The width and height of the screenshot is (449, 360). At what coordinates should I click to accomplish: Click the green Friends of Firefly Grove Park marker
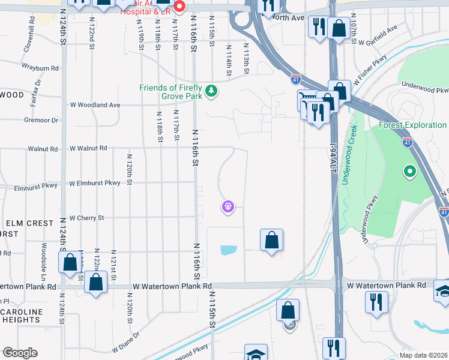click(211, 91)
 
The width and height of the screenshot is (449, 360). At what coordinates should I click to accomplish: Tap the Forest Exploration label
click(412, 125)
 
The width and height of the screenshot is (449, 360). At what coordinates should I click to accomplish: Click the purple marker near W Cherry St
click(228, 207)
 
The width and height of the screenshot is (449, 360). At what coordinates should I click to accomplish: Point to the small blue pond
click(229, 250)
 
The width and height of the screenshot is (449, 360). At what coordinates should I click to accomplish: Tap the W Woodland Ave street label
click(95, 105)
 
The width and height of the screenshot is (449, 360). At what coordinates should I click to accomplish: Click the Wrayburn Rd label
click(40, 68)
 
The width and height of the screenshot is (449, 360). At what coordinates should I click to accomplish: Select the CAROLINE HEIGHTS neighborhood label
click(21, 317)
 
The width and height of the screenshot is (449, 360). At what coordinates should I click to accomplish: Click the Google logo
click(20, 352)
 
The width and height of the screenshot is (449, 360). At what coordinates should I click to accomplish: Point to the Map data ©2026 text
click(423, 355)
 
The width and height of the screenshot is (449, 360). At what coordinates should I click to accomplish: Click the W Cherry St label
click(87, 218)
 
